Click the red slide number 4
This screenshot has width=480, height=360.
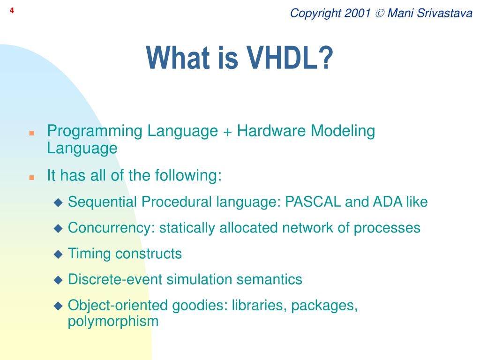pos(12,11)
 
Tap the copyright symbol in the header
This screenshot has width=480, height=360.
pos(379,14)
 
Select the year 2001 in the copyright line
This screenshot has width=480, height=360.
pos(357,13)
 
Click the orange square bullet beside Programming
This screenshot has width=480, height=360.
pos(31,133)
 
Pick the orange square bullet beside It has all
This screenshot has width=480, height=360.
pos(31,178)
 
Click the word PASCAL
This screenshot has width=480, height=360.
pos(313,202)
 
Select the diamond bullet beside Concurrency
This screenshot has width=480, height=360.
pos(58,229)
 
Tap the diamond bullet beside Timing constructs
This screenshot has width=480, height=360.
pos(58,255)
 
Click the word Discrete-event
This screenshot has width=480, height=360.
pos(115,279)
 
